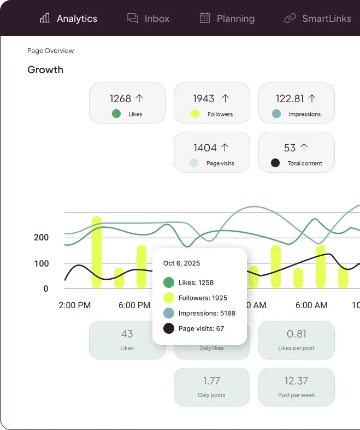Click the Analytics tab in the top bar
click(x=68, y=19)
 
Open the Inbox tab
click(x=149, y=19)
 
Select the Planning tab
click(x=227, y=19)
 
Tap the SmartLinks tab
click(x=318, y=19)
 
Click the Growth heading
click(x=45, y=70)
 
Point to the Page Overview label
click(x=51, y=51)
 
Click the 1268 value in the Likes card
click(x=121, y=98)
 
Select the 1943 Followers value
click(x=204, y=98)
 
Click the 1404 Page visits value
click(x=205, y=148)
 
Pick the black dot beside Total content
click(x=275, y=163)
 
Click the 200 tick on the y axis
click(x=41, y=238)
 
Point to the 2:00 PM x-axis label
click(x=75, y=305)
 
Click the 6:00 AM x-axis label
click(x=311, y=305)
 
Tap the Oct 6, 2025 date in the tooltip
click(x=182, y=263)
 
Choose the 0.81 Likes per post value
click(x=297, y=334)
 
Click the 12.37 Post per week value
click(x=297, y=381)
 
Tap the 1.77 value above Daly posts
click(x=211, y=381)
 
